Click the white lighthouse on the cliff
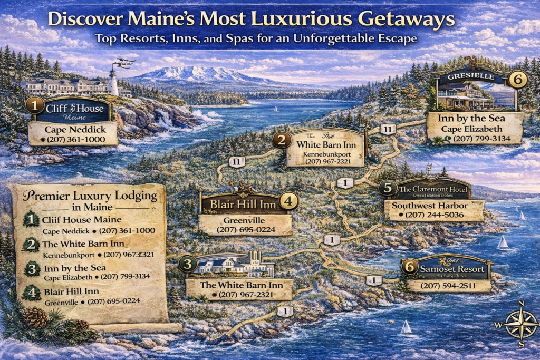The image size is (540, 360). tap(113, 81)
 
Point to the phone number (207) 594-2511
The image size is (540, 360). tap(448, 286)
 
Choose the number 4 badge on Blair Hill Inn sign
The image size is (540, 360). tap(288, 201)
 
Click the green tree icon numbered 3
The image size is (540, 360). tap(32, 269)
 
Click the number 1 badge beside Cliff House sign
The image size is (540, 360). tap(35, 105)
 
